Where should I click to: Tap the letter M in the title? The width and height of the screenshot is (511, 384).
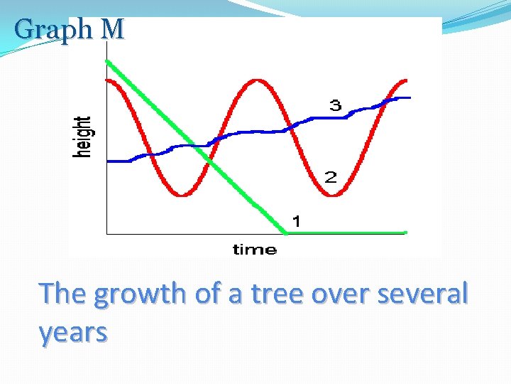point(112,29)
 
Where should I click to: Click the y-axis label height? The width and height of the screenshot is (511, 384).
point(84,137)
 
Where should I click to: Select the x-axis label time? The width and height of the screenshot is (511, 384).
point(254,249)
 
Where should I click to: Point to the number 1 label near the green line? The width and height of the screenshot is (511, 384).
point(297,222)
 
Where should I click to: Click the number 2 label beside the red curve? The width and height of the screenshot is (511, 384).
point(331,177)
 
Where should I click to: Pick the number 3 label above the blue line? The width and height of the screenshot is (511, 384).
point(334,106)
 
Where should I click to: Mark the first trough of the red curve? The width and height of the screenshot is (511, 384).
point(183,194)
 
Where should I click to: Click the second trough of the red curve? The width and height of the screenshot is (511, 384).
point(337,194)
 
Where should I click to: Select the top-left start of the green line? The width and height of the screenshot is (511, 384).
point(107,61)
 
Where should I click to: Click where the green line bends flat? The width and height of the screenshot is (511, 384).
point(286,232)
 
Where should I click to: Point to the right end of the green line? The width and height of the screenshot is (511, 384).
point(405,232)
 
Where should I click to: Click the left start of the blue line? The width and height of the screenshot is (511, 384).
point(108,161)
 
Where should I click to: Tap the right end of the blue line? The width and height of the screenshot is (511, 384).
point(409,97)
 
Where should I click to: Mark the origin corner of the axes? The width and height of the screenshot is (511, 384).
point(106,233)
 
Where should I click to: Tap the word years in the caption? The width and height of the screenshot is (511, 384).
point(74,331)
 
